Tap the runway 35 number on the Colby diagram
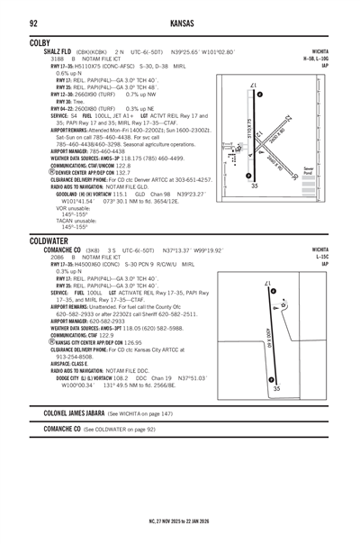pos(255,186)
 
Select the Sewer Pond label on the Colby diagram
pos(334,169)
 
